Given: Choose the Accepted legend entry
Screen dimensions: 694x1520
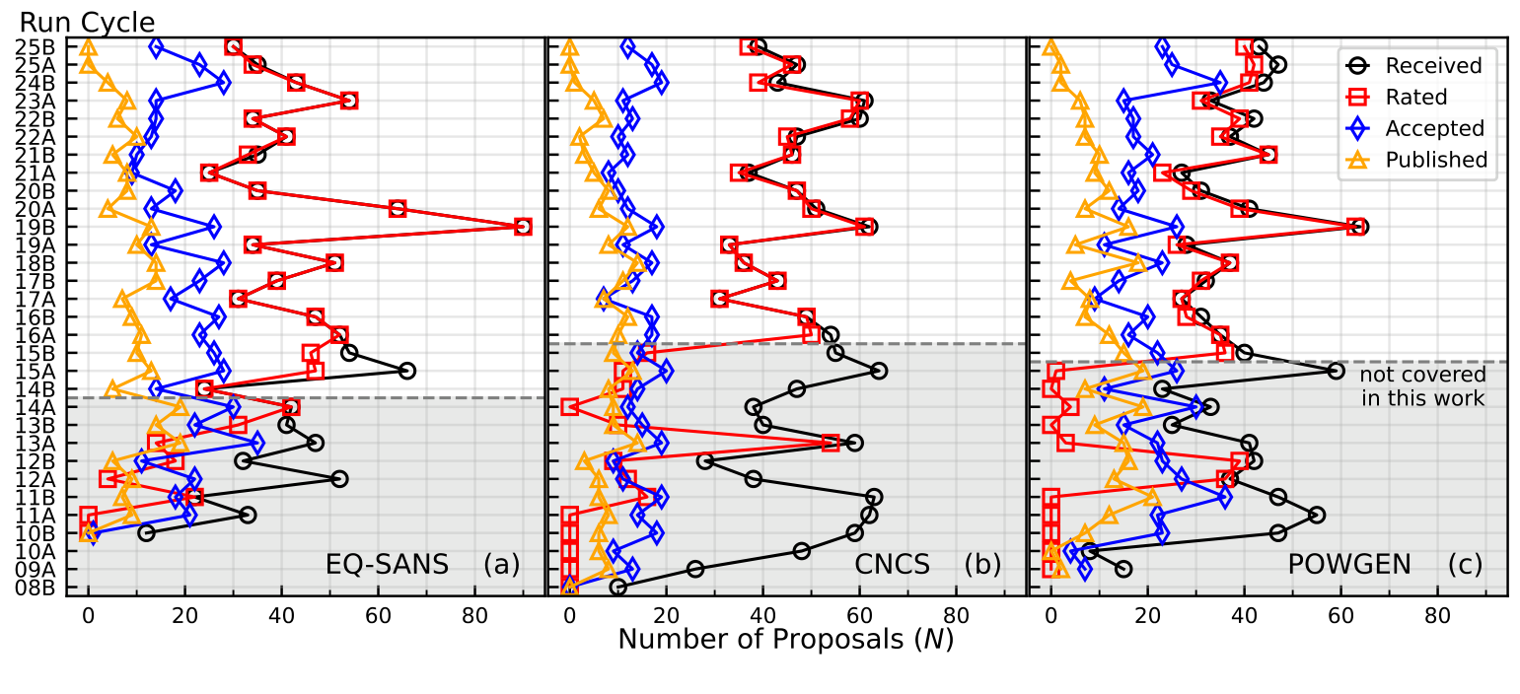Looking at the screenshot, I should [x=1434, y=128].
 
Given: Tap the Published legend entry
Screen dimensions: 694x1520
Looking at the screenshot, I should [x=1436, y=160].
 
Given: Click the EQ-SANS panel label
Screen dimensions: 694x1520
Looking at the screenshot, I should [x=387, y=565].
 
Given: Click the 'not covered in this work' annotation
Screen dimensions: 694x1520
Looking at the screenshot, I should [x=1422, y=386].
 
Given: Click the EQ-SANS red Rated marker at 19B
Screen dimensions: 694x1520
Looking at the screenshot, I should [x=523, y=227].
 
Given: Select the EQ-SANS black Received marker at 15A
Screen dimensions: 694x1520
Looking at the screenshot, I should [x=406, y=371].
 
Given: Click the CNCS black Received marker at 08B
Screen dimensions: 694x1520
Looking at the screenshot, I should [x=617, y=588].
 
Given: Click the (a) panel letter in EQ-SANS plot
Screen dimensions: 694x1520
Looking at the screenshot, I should [x=501, y=565].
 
